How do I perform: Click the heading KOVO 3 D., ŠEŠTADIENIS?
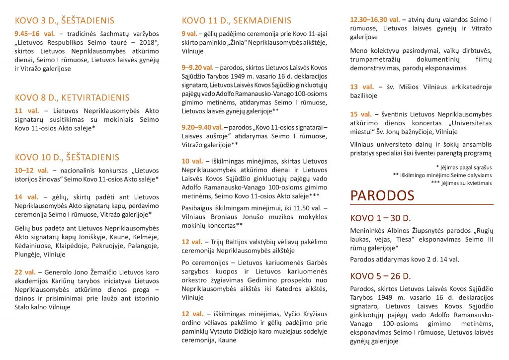coord(65,21)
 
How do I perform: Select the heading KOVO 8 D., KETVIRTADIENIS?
coord(72,98)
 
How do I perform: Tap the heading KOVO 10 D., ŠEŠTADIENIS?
coord(67,158)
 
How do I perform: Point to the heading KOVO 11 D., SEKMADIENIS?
coord(237,21)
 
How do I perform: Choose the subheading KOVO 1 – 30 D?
coord(381,219)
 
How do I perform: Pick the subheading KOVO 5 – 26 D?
coord(381,276)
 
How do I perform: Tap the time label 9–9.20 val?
coord(197,67)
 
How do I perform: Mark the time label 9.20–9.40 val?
coord(202,127)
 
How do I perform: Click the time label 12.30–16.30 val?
coord(375,19)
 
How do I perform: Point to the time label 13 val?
coord(361,87)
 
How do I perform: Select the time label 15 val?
coord(361,114)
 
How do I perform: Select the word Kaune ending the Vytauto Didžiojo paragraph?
coord(226,340)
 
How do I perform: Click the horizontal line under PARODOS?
coord(422,204)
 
